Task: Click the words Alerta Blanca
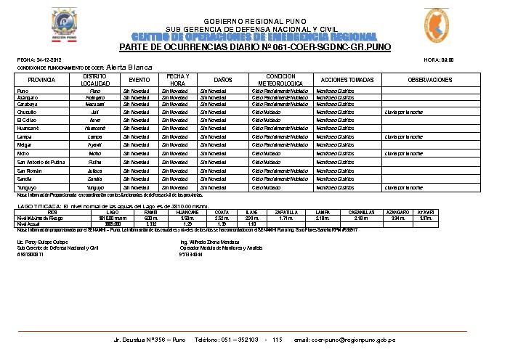pos(129,66)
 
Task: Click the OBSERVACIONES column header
pos(430,79)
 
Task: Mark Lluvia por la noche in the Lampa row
pos(404,136)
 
